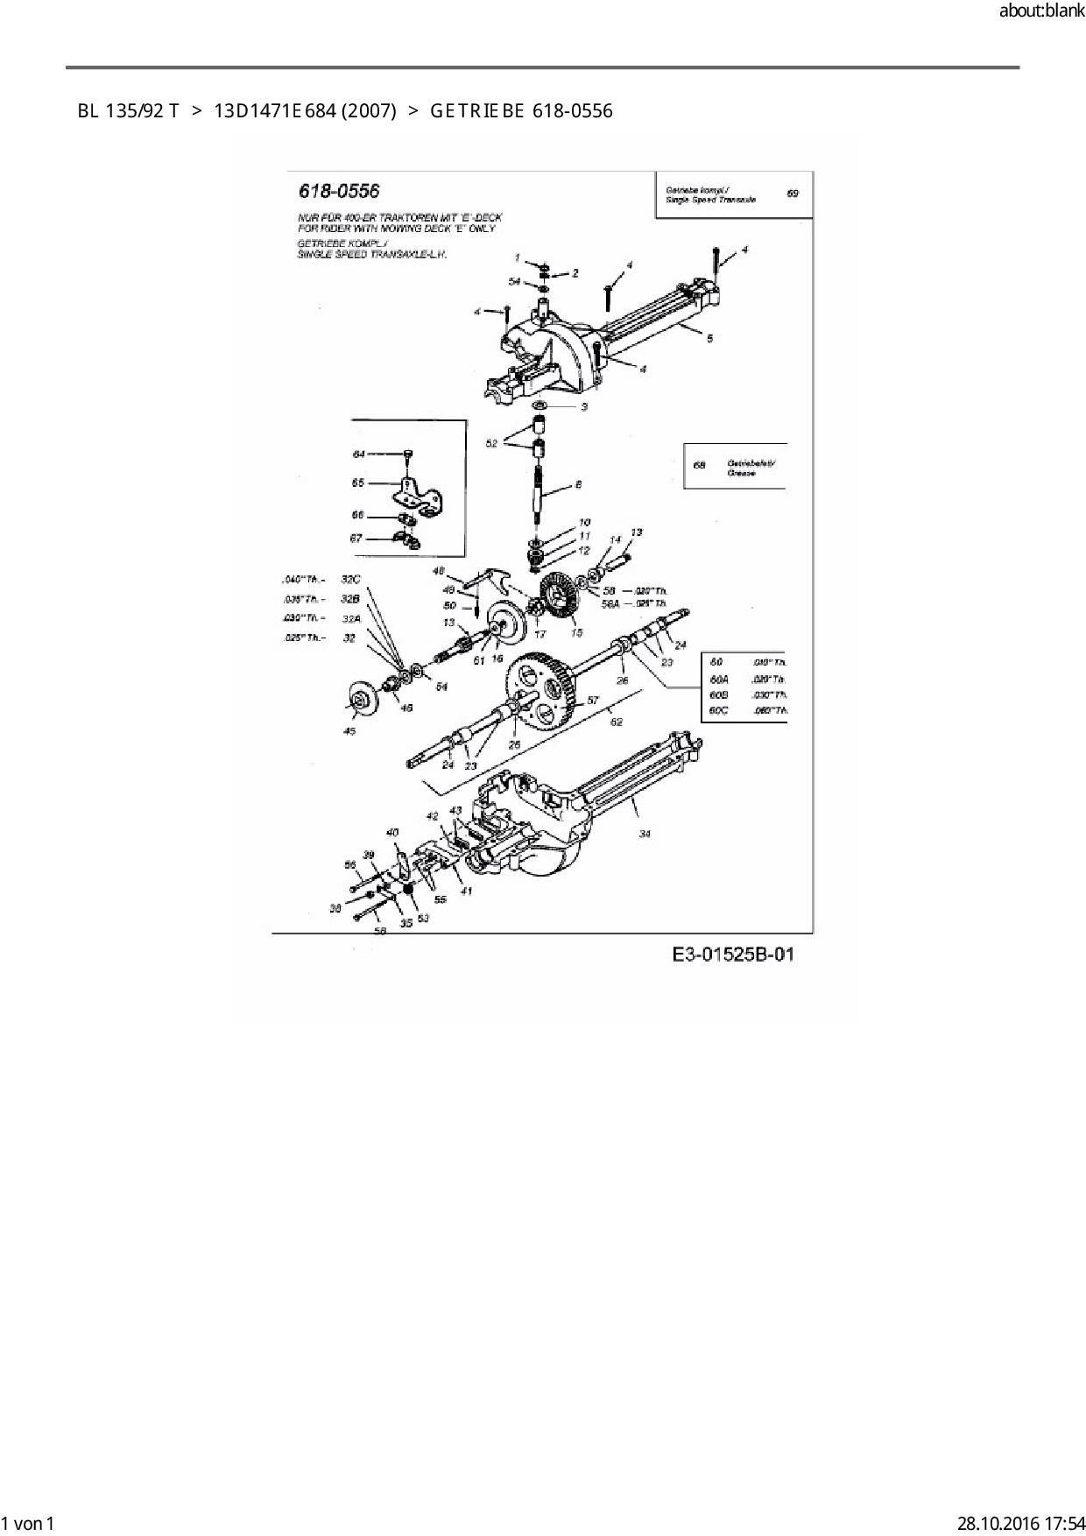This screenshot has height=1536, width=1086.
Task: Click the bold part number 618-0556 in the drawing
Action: (x=339, y=191)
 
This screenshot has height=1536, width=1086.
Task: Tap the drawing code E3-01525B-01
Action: (x=733, y=954)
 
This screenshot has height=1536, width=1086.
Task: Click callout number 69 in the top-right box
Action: (x=793, y=193)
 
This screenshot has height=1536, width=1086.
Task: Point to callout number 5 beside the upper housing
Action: (x=709, y=338)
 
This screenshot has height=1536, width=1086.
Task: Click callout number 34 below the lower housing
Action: (x=645, y=834)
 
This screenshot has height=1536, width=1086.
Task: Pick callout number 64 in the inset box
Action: (x=359, y=454)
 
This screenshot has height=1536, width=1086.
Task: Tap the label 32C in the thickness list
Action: (x=350, y=580)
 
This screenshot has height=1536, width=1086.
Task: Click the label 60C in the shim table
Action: (x=718, y=710)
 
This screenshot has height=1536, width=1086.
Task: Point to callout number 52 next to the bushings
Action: (x=491, y=444)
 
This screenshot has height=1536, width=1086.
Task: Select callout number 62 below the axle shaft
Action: (x=617, y=722)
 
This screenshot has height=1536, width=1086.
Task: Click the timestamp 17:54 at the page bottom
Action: (x=1061, y=1523)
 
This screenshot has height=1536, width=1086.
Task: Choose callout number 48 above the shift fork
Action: (x=439, y=570)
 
